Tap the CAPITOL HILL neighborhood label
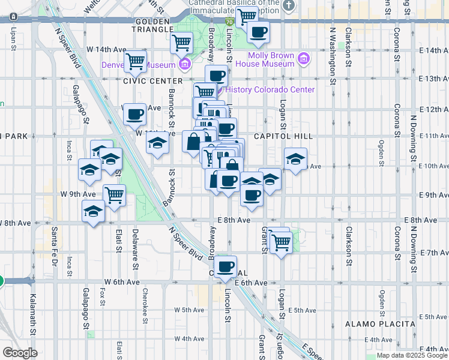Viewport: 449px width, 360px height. [x=279, y=136]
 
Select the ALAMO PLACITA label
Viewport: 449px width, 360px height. [x=380, y=324]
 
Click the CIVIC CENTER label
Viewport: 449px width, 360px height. [x=152, y=80]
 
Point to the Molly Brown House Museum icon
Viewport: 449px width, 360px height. [x=304, y=59]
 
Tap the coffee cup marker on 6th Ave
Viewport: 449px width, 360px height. [x=225, y=267]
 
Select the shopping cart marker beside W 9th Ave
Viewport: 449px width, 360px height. [x=114, y=194]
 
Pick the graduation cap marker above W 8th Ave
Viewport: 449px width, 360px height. [x=93, y=212]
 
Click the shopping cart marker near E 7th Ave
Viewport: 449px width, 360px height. [x=280, y=243]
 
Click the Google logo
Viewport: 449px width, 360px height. [x=20, y=353]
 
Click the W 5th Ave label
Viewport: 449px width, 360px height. [x=190, y=310]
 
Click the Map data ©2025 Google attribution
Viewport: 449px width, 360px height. [x=411, y=355]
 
